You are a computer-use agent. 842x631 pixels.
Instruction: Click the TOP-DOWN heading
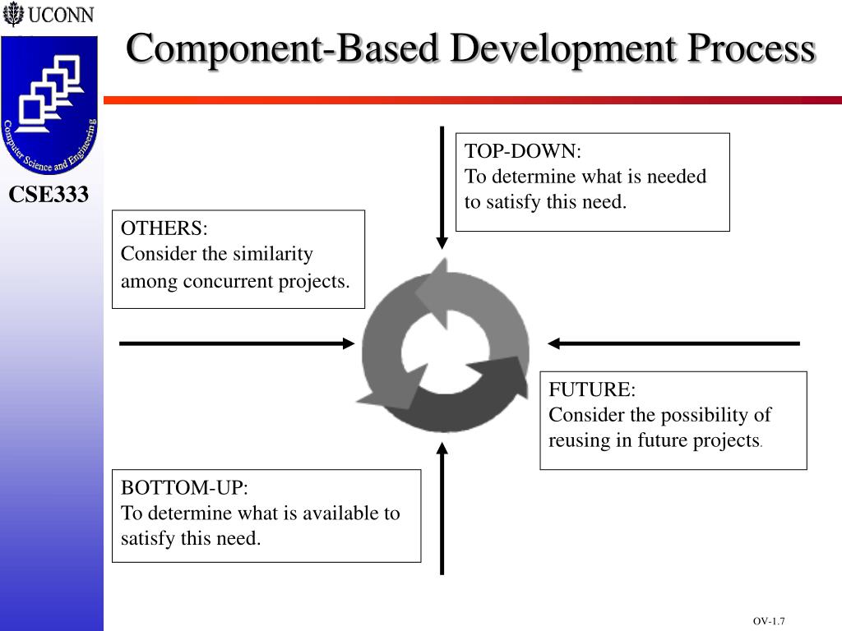pos(522,152)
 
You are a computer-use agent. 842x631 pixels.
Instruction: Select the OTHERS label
pos(164,228)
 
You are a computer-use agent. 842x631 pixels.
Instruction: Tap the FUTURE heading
pos(592,389)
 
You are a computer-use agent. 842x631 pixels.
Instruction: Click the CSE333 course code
pos(49,196)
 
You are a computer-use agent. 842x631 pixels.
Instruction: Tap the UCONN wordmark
pos(60,16)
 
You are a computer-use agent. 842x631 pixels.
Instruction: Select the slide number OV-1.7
pos(769,621)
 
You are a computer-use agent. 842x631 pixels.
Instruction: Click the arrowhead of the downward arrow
pos(442,242)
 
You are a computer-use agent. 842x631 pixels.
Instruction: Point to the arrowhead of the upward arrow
pos(442,449)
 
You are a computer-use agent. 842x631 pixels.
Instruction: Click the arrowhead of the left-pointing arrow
pos(554,343)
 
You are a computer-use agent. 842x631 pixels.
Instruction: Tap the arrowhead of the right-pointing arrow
pos(348,343)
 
